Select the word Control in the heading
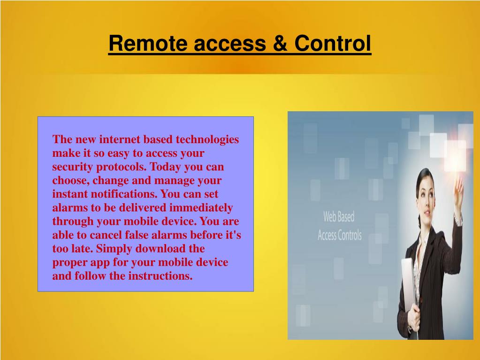coord(333,44)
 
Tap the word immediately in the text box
coord(201,208)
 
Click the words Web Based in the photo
coord(339,217)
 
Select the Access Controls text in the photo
coord(340,235)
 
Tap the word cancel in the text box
coord(107,235)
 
